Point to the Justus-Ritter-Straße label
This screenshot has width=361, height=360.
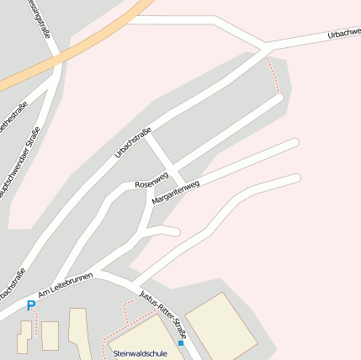[162, 311]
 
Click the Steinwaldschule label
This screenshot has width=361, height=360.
[140, 354]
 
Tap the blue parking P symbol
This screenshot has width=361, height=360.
[31, 306]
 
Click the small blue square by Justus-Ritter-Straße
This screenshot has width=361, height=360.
[181, 343]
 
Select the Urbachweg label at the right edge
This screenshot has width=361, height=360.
[344, 34]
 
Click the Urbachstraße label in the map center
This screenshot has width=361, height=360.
[132, 142]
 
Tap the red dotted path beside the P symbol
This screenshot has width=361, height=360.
[37, 323]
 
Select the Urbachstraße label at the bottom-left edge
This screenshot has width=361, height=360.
[12, 286]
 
